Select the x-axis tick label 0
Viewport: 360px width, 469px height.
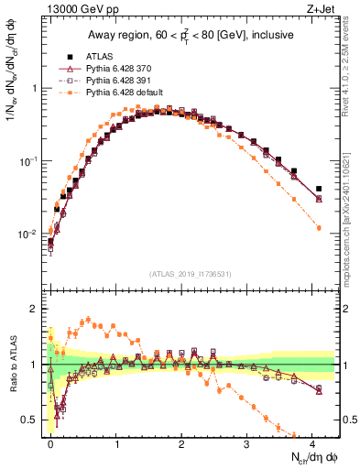[50, 443]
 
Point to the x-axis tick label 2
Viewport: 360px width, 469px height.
[181, 443]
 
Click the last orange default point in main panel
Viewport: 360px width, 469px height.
[319, 227]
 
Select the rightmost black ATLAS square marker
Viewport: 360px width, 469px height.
[319, 189]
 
